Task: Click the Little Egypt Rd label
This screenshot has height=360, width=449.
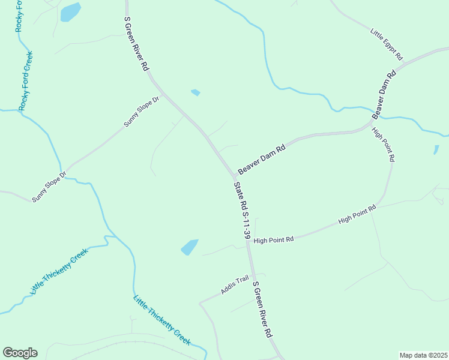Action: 386,44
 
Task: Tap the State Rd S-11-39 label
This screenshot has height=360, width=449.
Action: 242,211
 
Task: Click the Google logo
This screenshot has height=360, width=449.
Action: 20,353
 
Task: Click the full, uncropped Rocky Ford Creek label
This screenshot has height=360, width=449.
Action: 26,81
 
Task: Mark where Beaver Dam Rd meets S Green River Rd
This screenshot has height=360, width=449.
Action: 234,176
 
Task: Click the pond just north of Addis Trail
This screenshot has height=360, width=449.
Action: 189,247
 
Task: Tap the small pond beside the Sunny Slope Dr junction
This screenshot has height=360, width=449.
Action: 195,92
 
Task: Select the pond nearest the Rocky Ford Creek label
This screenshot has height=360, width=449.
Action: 70,11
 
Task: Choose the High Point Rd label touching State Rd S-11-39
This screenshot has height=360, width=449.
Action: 274,239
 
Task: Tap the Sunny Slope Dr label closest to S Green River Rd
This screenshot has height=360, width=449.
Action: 143,112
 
